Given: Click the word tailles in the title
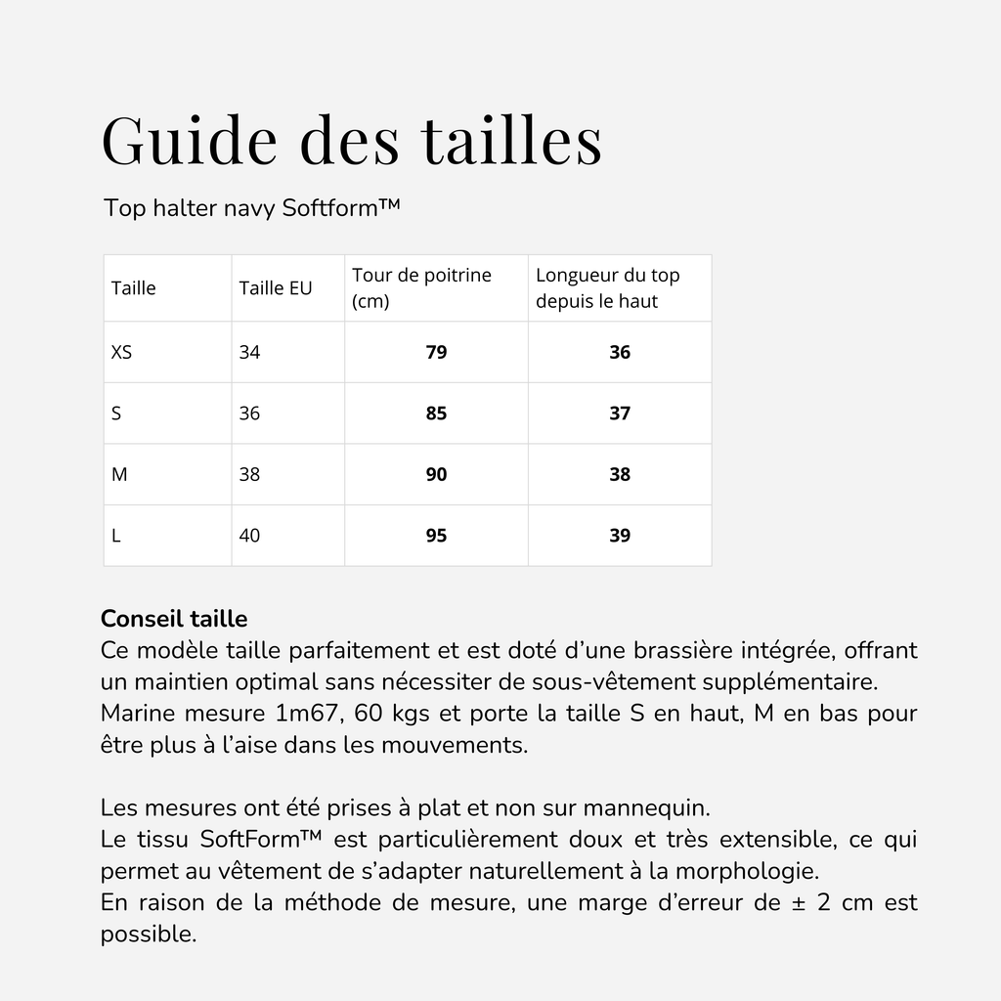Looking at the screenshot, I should [x=512, y=140].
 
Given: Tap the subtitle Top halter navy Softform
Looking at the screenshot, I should [x=252, y=208].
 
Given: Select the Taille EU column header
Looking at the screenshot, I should [x=276, y=288].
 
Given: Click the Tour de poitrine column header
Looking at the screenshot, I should [x=421, y=288].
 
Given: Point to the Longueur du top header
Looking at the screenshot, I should [x=607, y=288].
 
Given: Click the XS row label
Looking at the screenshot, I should [x=121, y=352].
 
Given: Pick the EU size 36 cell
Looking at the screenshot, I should [x=249, y=413].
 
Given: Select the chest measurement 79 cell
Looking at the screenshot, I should [x=436, y=352].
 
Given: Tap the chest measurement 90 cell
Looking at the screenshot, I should [x=436, y=474].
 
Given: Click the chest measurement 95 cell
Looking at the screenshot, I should [x=436, y=536].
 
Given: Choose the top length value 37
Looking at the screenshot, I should [x=620, y=413].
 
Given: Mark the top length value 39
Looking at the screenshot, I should [x=620, y=536].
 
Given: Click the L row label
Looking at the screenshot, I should [x=116, y=536].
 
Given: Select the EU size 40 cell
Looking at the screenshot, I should [x=249, y=536].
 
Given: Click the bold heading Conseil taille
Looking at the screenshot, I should [x=174, y=619].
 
